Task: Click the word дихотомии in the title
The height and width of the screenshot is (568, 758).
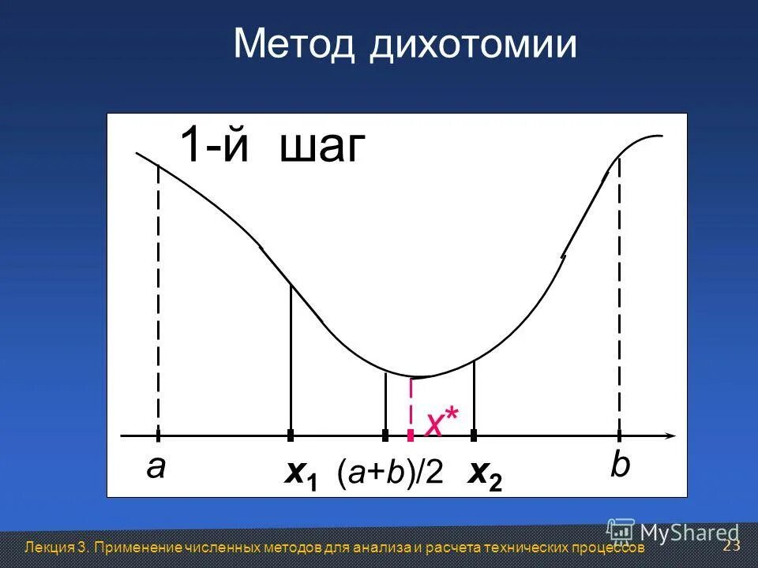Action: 472,45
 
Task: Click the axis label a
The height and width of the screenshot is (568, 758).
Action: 156,468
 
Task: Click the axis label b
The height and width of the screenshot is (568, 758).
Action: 621,466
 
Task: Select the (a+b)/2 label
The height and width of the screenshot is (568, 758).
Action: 390,473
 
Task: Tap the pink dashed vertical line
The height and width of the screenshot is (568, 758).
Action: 411,405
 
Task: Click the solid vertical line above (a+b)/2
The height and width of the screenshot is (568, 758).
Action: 385,403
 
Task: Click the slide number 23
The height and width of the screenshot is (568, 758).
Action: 731,546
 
